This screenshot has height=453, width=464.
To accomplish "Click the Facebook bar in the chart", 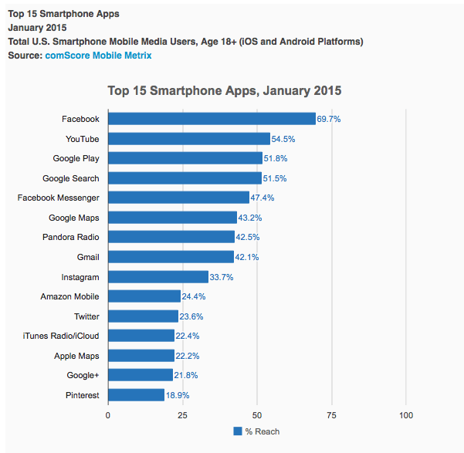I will click(x=212, y=119).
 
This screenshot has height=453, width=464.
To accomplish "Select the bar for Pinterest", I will click(x=136, y=395).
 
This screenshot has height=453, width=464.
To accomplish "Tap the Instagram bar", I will click(x=158, y=277).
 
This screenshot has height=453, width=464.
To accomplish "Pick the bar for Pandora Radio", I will click(x=171, y=237).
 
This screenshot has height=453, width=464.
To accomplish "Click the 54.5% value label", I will click(x=283, y=139).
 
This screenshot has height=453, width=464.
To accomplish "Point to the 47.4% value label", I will click(x=262, y=198).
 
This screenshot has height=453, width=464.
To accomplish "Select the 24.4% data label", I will click(x=194, y=296).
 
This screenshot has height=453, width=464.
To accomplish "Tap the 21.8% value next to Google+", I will click(x=186, y=375).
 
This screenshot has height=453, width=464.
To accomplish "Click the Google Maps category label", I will click(x=73, y=218).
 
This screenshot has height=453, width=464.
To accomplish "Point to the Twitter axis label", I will click(x=86, y=316).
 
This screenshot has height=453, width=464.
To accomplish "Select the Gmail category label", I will click(x=88, y=257).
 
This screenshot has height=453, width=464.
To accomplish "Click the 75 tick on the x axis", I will click(x=331, y=415).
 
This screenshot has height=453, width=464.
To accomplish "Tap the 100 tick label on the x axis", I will click(x=406, y=415).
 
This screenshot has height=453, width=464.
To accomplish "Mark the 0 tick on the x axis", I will click(x=108, y=415).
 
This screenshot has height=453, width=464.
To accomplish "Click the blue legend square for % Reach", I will click(x=237, y=431).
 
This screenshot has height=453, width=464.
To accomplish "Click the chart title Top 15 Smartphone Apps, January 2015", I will click(x=224, y=91).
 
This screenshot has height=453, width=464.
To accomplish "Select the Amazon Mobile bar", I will click(x=144, y=296).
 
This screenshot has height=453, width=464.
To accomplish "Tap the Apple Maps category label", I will click(x=76, y=356).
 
